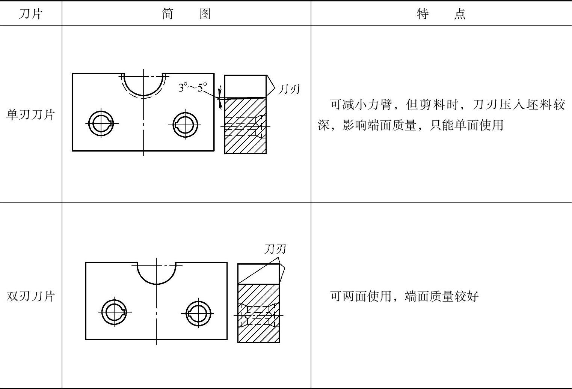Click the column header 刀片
(x=30, y=14)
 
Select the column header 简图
(x=186, y=14)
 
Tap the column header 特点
(x=441, y=14)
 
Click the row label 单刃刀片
(x=30, y=114)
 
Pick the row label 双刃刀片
(x=30, y=296)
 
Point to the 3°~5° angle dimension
(x=193, y=88)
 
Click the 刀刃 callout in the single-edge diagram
(x=289, y=89)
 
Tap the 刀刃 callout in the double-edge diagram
(x=275, y=249)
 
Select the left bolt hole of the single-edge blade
(x=101, y=123)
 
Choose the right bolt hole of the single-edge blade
(x=185, y=124)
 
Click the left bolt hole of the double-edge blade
(x=114, y=312)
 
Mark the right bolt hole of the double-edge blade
(x=198, y=313)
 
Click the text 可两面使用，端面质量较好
(x=404, y=296)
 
